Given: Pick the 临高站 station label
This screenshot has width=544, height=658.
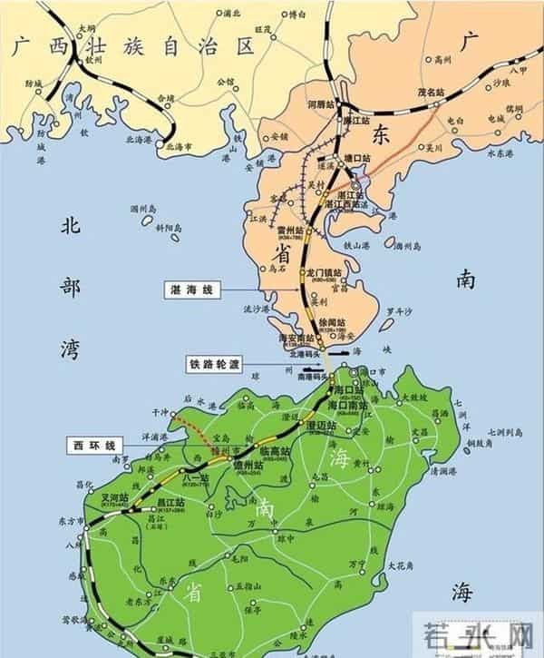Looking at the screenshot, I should point(276,450).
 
